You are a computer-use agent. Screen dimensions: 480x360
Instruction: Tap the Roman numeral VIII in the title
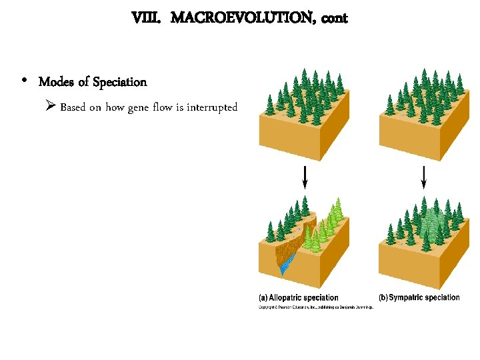pyautogui.click(x=146, y=18)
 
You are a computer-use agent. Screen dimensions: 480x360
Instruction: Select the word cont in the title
pyautogui.click(x=334, y=18)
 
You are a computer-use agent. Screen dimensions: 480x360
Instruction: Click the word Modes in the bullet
pyautogui.click(x=55, y=82)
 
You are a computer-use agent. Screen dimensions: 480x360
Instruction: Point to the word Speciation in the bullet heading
pyautogui.click(x=119, y=82)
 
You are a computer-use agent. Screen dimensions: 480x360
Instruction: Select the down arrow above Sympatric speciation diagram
pyautogui.click(x=424, y=177)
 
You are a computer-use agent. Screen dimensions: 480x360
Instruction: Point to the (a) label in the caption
pyautogui.click(x=264, y=298)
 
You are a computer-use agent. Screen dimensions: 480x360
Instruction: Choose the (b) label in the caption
pyautogui.click(x=383, y=298)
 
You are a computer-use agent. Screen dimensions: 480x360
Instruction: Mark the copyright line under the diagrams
pyautogui.click(x=315, y=307)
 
